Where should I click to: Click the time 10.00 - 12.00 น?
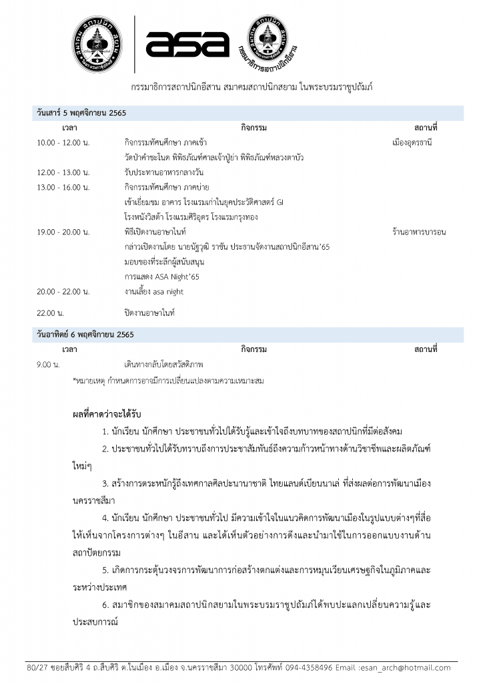(63, 142)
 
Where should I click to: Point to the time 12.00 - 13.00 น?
(63, 172)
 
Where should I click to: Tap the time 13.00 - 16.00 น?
(63, 187)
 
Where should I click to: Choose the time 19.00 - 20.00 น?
(63, 232)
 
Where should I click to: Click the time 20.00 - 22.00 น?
(63, 291)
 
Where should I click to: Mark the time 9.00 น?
(49, 365)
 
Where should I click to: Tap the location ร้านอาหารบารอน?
(419, 232)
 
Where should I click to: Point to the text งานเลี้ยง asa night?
(153, 291)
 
